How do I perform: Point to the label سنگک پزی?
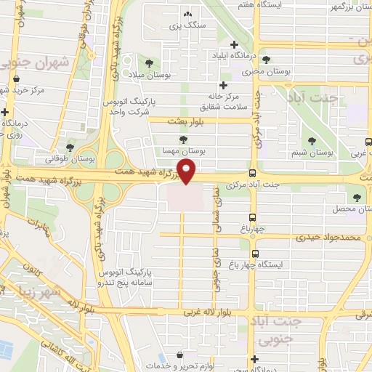tap(184, 26)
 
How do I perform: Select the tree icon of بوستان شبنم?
tap(312, 141)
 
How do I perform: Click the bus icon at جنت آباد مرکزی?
tap(252, 174)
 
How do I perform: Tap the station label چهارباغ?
tap(258, 228)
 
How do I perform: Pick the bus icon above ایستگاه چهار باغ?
tap(255, 254)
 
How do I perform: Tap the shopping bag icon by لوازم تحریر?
tap(169, 366)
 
